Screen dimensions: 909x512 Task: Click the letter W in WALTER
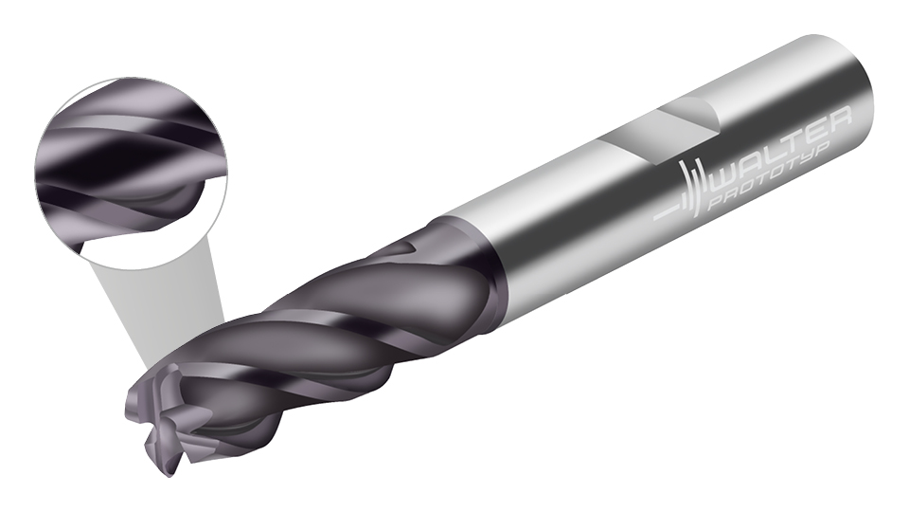pos(724,174)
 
